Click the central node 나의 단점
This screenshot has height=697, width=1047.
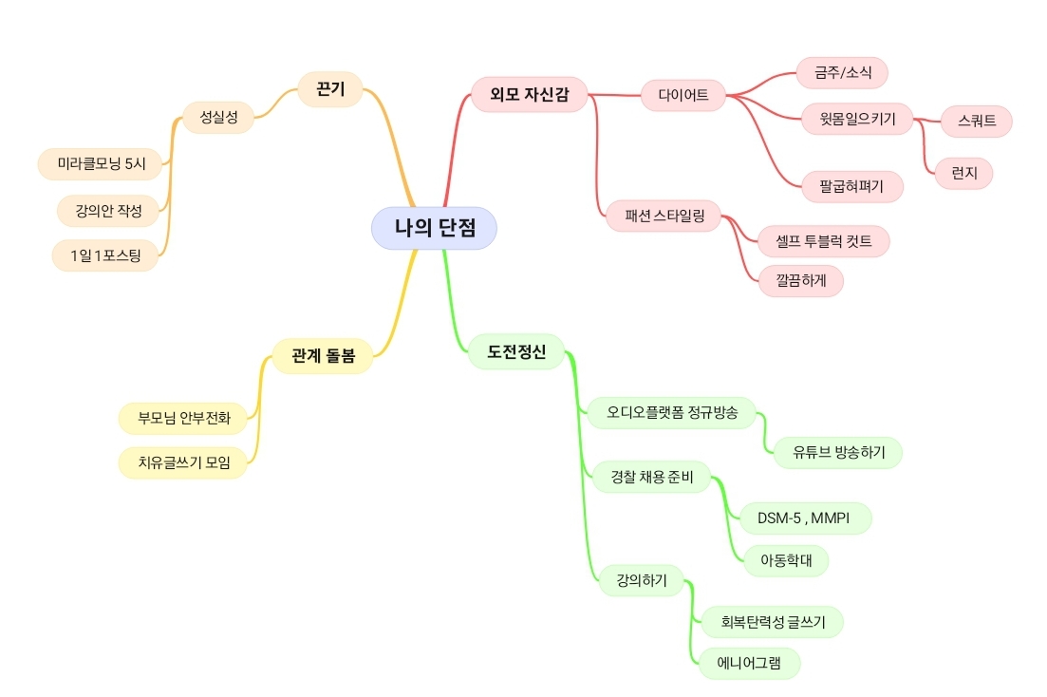[x=434, y=228]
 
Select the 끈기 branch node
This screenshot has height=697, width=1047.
[x=330, y=89]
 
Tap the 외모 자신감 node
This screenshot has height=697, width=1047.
[x=530, y=94]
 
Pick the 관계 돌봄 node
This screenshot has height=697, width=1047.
[x=323, y=355]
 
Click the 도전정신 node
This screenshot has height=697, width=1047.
[x=516, y=351]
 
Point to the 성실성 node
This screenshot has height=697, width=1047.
[x=218, y=118]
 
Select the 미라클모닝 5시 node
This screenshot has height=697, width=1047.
[x=101, y=163]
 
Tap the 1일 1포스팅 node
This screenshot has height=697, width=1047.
[x=105, y=255]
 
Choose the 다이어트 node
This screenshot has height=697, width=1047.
[x=683, y=95]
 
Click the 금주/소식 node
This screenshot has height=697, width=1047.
[x=842, y=72]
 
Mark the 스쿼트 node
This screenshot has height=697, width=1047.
[x=976, y=121]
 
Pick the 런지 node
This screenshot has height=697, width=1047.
[x=963, y=173]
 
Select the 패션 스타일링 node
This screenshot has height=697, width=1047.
[x=664, y=216]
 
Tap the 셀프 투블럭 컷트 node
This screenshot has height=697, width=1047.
[x=823, y=241]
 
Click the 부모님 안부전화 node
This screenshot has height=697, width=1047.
[x=183, y=419]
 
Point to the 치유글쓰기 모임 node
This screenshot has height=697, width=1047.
[x=183, y=462]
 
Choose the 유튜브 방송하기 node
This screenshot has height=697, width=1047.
[x=838, y=452]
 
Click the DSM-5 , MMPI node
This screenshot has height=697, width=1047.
[x=805, y=518]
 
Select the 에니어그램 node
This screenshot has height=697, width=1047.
[x=749, y=663]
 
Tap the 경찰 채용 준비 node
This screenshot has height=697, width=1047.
[x=652, y=477]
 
